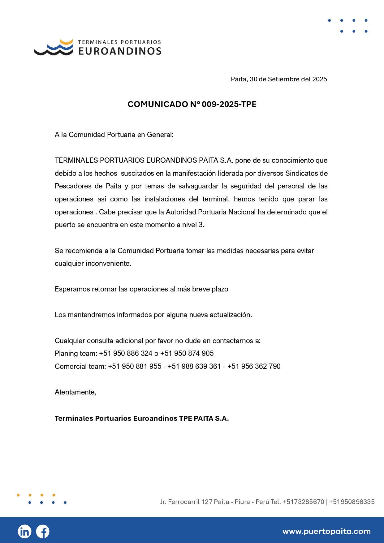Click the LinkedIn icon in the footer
[x=24, y=532]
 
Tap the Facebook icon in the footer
[x=43, y=532]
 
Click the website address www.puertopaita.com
[x=326, y=532]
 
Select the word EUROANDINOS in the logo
[x=120, y=51]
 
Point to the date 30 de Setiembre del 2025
[x=288, y=79]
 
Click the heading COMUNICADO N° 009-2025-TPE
[x=192, y=104]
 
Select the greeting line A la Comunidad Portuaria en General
[x=114, y=135]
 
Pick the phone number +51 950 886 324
[x=126, y=353]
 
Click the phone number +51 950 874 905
[x=187, y=353]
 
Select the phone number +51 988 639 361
[x=194, y=366]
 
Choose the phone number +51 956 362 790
[x=254, y=366]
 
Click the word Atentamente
[x=76, y=392]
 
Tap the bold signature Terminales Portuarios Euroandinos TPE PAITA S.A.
[x=142, y=418]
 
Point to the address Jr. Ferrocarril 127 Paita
[x=194, y=502]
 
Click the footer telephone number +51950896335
[x=352, y=502]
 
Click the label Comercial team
[x=80, y=366]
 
